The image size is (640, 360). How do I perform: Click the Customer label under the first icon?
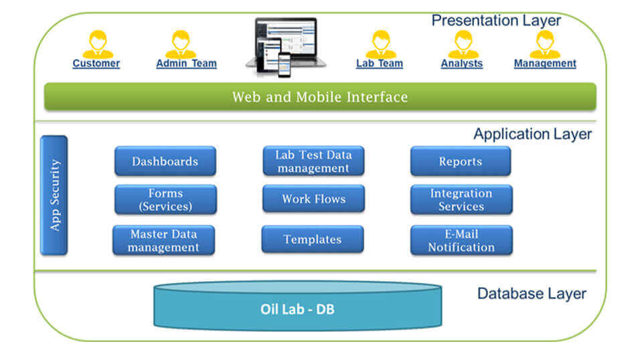tap(96, 64)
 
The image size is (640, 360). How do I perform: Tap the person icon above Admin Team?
tap(180, 44)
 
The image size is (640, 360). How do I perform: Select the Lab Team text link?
tap(379, 64)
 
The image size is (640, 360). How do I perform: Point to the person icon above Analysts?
tap(463, 44)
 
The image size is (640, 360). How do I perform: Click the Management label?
tap(544, 64)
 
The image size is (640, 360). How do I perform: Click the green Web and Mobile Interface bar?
tap(320, 96)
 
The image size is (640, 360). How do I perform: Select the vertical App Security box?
tap(54, 195)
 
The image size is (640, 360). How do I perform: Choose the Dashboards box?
tap(165, 161)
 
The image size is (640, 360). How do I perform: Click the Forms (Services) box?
tap(165, 199)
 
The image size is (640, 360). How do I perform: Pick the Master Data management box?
tap(164, 240)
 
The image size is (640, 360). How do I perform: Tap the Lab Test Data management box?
tap(313, 161)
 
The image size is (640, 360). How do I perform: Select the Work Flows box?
tap(313, 199)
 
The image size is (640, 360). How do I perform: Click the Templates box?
tap(312, 239)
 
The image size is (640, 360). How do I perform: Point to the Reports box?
tap(460, 161)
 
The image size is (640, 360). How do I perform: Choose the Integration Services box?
tap(461, 199)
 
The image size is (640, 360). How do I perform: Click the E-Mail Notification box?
tap(461, 240)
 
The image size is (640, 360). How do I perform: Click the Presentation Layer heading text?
tap(496, 20)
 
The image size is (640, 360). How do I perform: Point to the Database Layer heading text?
tap(532, 293)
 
